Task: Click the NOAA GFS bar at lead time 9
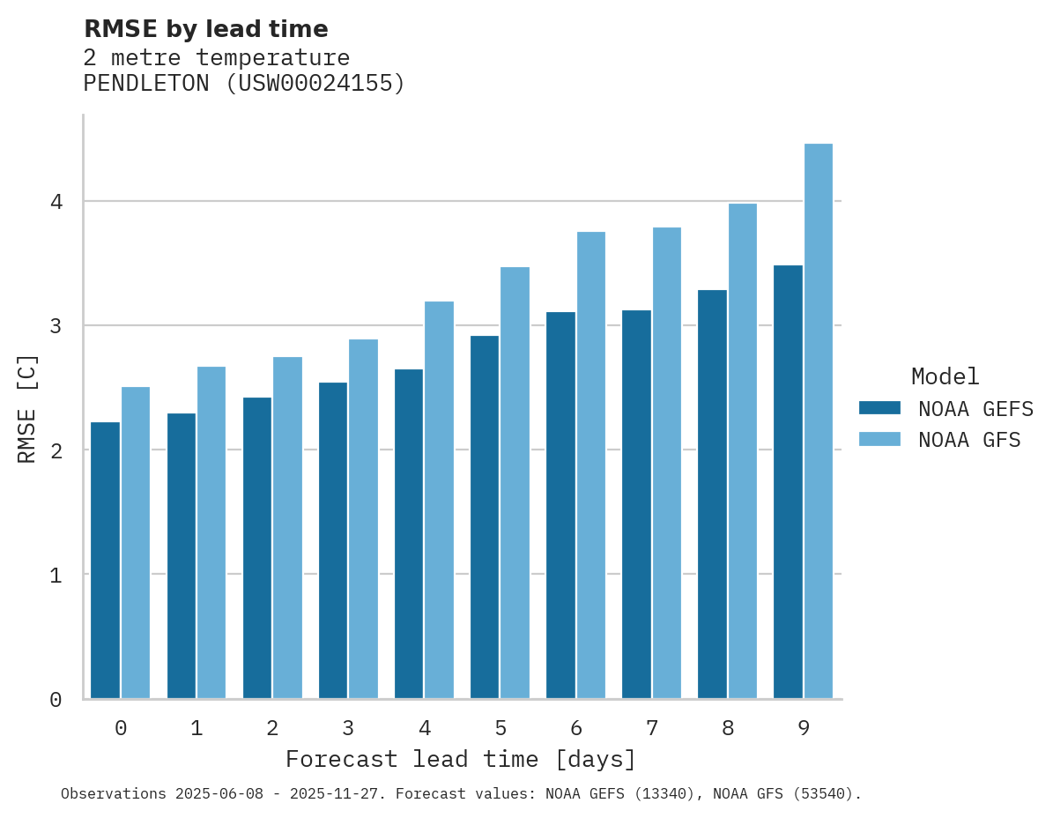[819, 421]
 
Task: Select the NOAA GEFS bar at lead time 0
[105, 561]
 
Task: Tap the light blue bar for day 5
[515, 483]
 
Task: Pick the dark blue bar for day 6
[560, 505]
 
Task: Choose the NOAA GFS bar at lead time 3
[364, 519]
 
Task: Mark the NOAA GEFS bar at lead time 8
[712, 495]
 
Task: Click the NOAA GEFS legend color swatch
[879, 408]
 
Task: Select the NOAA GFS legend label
[969, 440]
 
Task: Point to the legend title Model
[945, 377]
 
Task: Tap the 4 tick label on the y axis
[56, 202]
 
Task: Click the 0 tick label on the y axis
[56, 700]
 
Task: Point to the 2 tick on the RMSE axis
[56, 450]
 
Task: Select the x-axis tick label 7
[652, 728]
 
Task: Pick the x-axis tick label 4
[425, 728]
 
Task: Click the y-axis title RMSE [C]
[28, 408]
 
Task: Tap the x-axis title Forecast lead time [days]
[461, 760]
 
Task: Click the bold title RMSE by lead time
[205, 29]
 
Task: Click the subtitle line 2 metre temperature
[217, 58]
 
